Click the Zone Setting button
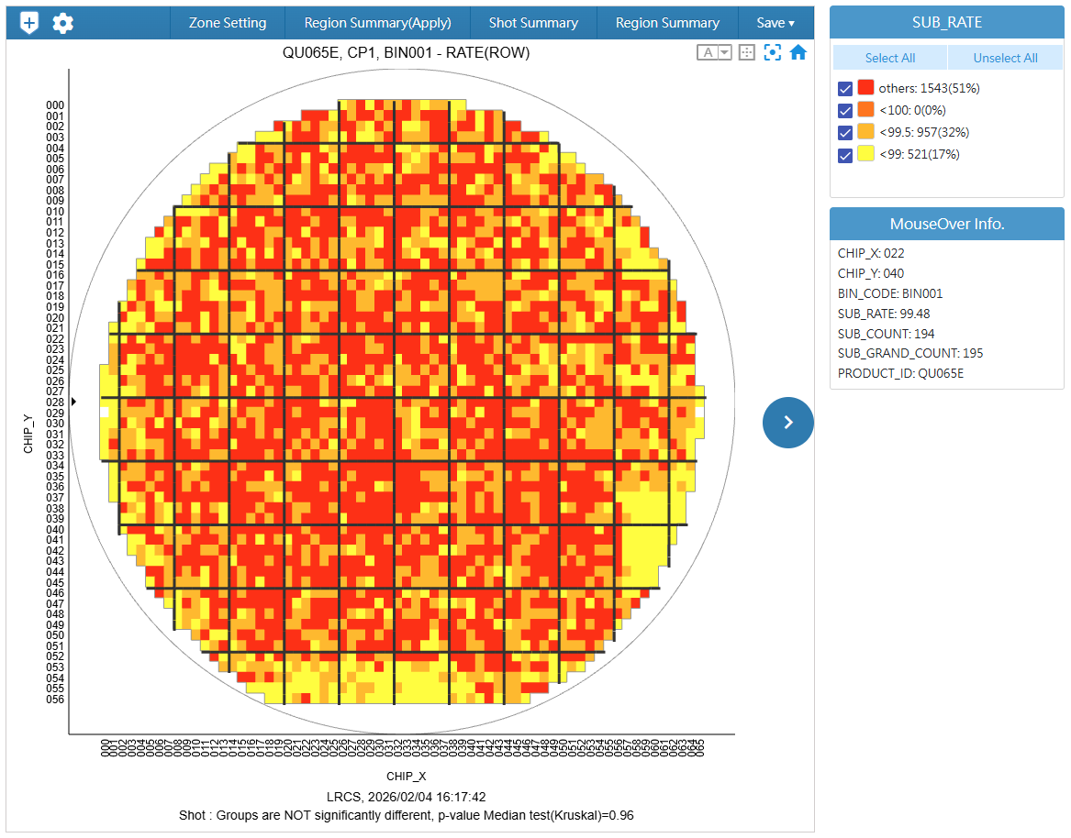coord(228,23)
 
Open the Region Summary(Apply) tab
coord(378,23)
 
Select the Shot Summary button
coord(533,23)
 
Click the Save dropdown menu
coord(775,23)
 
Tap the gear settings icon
coord(62,23)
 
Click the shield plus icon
coord(29,23)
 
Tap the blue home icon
coord(798,52)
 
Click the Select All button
coord(889,58)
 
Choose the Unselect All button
coord(1005,58)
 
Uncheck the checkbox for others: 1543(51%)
coord(845,89)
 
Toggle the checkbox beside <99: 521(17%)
coord(845,155)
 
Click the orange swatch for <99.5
coord(865,132)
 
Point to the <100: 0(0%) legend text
coord(918,110)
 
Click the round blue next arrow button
coord(787,422)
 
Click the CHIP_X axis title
coord(405,776)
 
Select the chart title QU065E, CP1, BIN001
coord(406,52)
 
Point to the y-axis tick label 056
coord(55,700)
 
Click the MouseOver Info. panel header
coord(946,224)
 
